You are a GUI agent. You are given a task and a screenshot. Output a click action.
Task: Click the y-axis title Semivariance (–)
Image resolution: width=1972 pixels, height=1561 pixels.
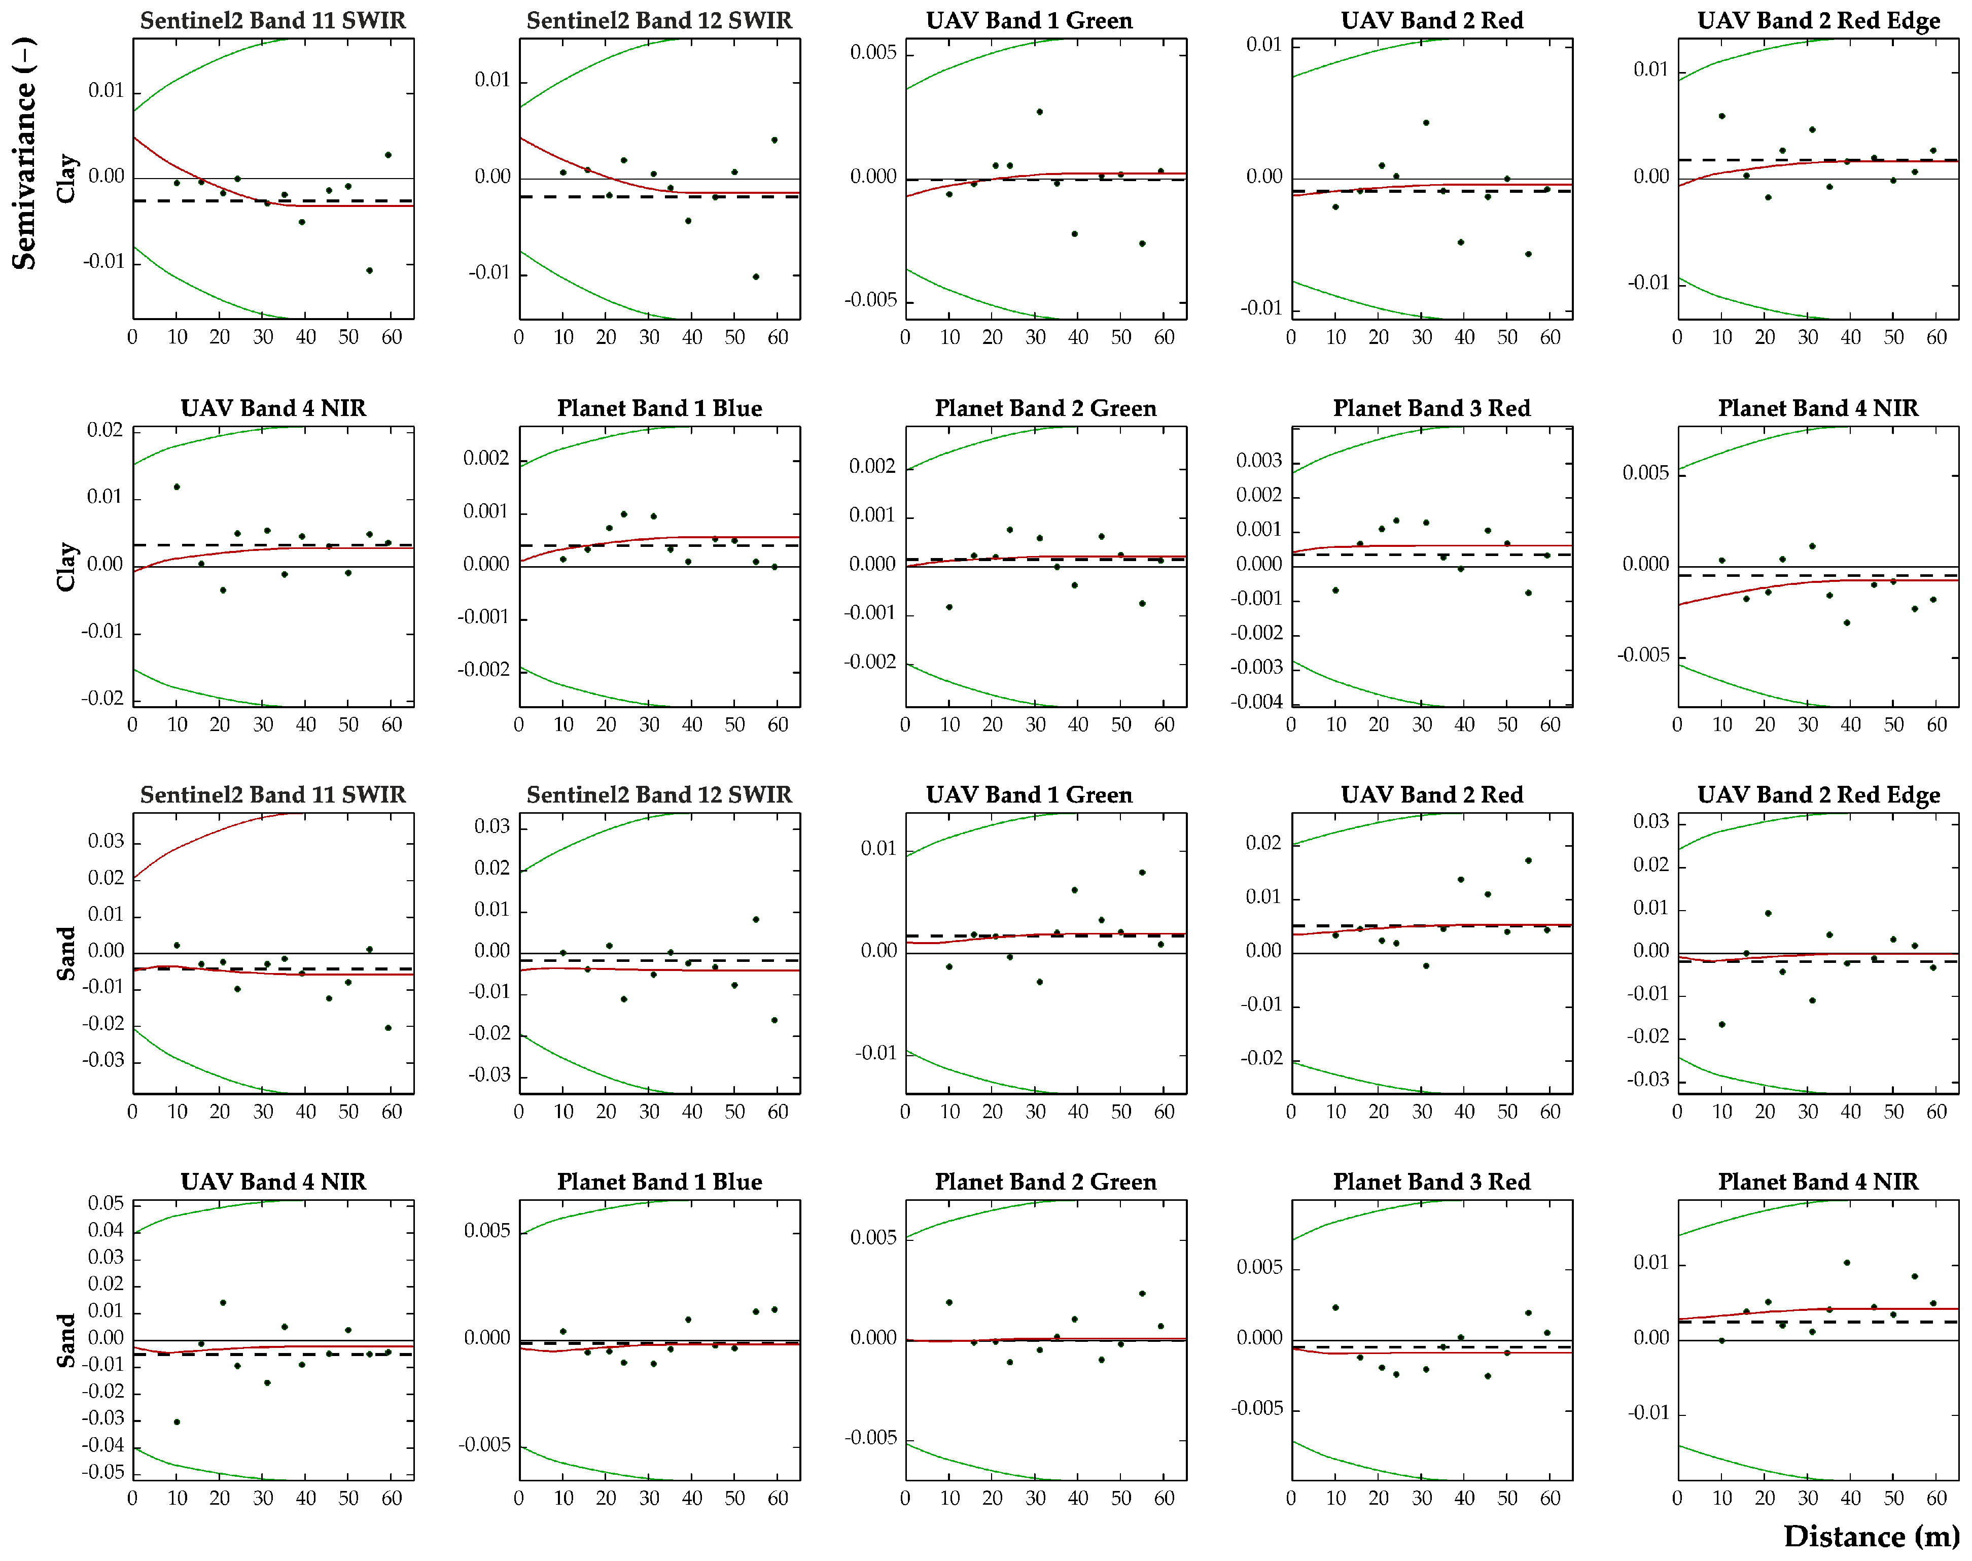(25, 154)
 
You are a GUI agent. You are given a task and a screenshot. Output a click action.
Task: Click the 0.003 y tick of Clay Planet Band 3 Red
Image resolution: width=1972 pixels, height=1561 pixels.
(1259, 461)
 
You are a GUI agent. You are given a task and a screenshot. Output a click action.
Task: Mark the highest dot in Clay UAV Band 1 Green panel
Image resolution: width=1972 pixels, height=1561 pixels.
(1039, 112)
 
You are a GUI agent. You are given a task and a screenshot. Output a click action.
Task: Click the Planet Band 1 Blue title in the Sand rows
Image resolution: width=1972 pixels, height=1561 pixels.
(659, 1182)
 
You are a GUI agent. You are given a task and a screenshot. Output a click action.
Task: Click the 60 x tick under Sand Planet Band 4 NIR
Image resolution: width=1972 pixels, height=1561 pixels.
(1936, 1498)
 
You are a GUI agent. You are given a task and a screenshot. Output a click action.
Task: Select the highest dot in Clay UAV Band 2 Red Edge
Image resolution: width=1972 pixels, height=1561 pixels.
(1721, 116)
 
